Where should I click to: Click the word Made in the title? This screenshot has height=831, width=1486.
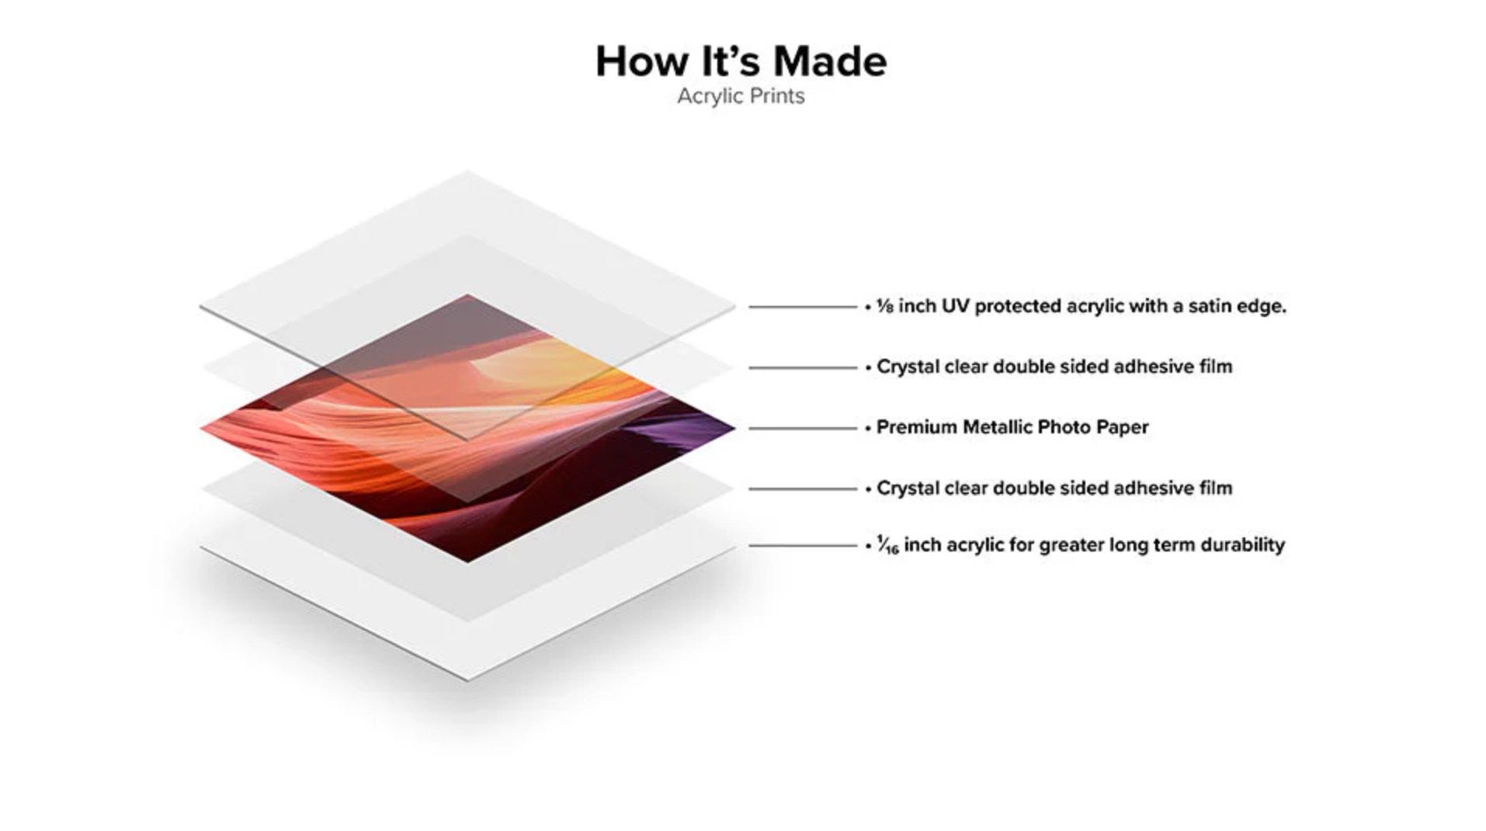point(829,61)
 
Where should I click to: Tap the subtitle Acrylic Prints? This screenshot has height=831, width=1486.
point(740,96)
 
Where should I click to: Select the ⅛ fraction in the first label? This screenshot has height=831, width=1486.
point(884,307)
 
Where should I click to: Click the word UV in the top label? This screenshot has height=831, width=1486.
point(955,307)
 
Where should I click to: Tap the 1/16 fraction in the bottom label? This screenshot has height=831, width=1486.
point(887,545)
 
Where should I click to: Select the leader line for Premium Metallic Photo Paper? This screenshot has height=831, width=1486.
point(802,428)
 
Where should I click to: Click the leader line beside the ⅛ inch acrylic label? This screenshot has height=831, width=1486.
point(802,307)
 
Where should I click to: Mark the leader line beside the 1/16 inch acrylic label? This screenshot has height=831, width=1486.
point(802,545)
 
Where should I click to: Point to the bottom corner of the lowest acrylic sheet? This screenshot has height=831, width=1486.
point(467,677)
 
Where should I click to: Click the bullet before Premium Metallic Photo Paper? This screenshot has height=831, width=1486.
point(867,428)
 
